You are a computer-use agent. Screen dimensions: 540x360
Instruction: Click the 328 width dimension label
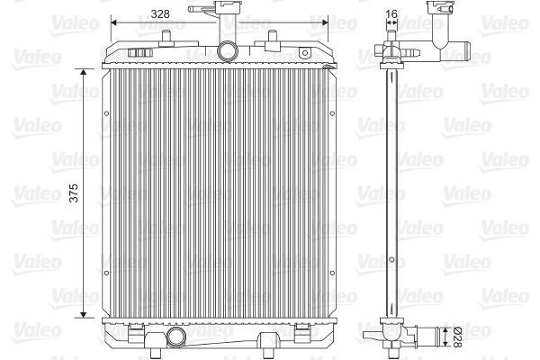(x=160, y=13)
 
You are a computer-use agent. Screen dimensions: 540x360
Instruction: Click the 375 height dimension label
(x=74, y=193)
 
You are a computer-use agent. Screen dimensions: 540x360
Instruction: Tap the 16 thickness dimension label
(x=391, y=13)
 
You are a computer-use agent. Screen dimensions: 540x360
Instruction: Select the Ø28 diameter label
(x=456, y=337)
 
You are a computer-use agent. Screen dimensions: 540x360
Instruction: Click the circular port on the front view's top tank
(x=228, y=51)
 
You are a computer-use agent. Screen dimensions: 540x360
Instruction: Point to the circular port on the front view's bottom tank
(x=175, y=337)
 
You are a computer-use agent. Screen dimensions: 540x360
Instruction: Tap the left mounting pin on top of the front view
(x=166, y=38)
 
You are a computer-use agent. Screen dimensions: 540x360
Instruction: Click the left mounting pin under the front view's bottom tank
(x=156, y=353)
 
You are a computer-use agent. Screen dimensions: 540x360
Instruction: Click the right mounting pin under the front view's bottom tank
(x=267, y=353)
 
